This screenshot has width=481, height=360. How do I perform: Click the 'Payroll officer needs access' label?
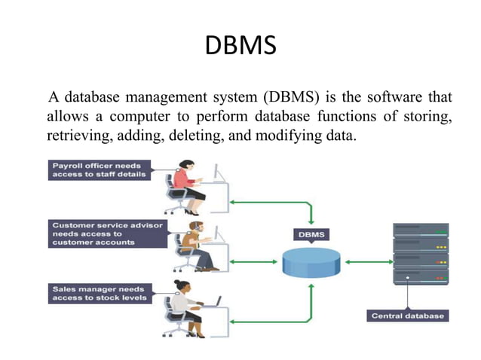[x=100, y=169]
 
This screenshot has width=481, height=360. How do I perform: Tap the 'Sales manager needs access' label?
[x=100, y=293]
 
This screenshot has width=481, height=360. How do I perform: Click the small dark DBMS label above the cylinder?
[x=311, y=234]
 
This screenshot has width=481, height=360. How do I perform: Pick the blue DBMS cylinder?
[x=312, y=262]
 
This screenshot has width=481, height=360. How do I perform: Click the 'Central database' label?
[x=408, y=316]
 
